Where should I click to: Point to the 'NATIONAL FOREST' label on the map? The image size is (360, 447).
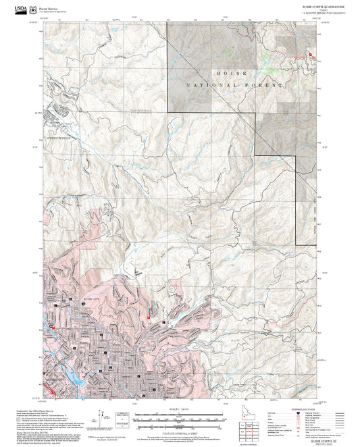[231, 86]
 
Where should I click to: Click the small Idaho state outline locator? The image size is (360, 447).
[234, 411]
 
